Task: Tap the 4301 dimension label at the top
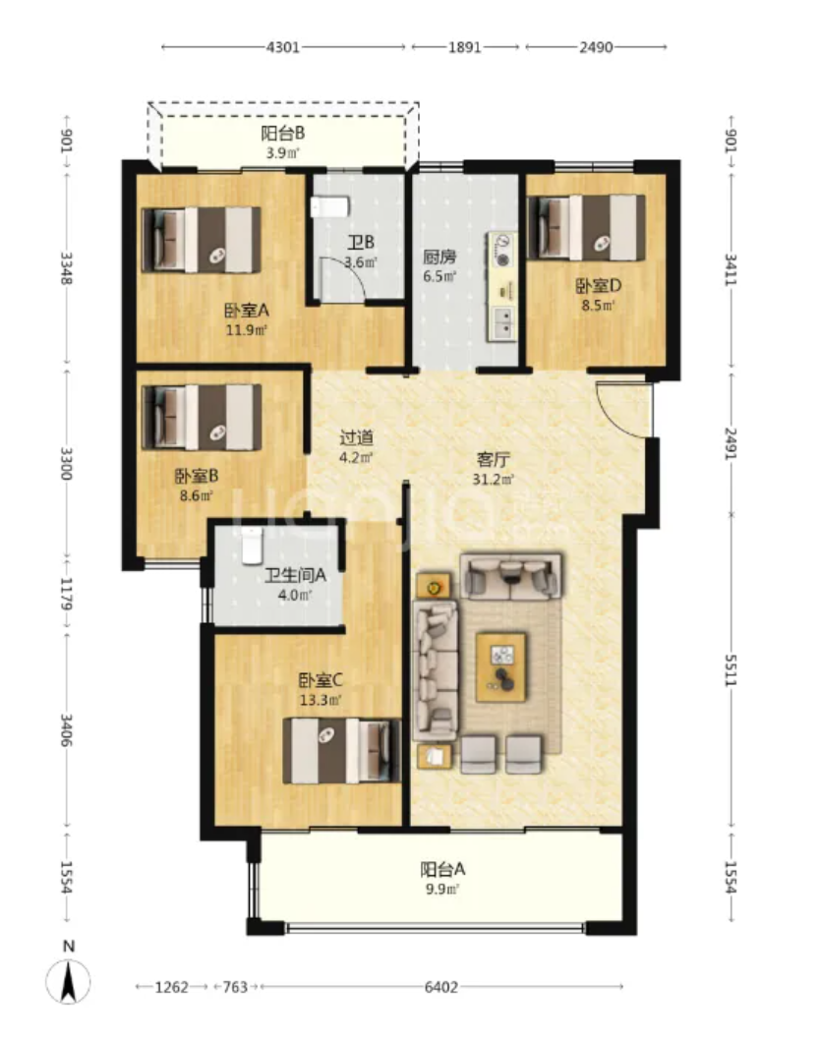coord(283,47)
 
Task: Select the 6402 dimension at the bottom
coord(441,987)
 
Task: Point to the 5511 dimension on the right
coord(731,669)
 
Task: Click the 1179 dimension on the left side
coord(66,593)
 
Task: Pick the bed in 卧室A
coord(202,240)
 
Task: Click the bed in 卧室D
coord(586,227)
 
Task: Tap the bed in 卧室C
coord(342,751)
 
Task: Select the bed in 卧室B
coord(202,418)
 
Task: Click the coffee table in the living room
coord(501,666)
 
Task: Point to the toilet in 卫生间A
coord(252,546)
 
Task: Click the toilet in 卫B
coord(330,206)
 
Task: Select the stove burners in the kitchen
coord(502,250)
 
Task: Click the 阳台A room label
coord(442,869)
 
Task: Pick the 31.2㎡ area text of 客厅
coord(494,479)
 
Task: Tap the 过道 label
coord(356,437)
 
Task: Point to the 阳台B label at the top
coord(282,134)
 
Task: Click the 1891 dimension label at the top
coord(464,47)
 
